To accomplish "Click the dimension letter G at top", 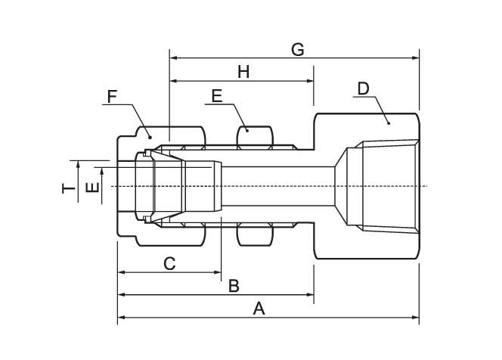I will (x=297, y=49).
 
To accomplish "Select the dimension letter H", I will (x=243, y=72).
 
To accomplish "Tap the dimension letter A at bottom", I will (x=259, y=309).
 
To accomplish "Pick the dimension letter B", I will (x=234, y=286).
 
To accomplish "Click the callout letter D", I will (x=363, y=88).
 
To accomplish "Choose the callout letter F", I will (x=113, y=96).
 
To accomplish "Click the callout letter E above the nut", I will (x=216, y=96).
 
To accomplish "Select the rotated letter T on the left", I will (x=69, y=187).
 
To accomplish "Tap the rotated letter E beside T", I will (x=91, y=187).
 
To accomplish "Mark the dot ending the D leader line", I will (x=388, y=122).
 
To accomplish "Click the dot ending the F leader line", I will (x=149, y=135).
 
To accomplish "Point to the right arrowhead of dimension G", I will (x=416, y=57).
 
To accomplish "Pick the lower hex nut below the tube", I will (x=255, y=235).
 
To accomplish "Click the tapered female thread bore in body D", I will (x=386, y=186).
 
